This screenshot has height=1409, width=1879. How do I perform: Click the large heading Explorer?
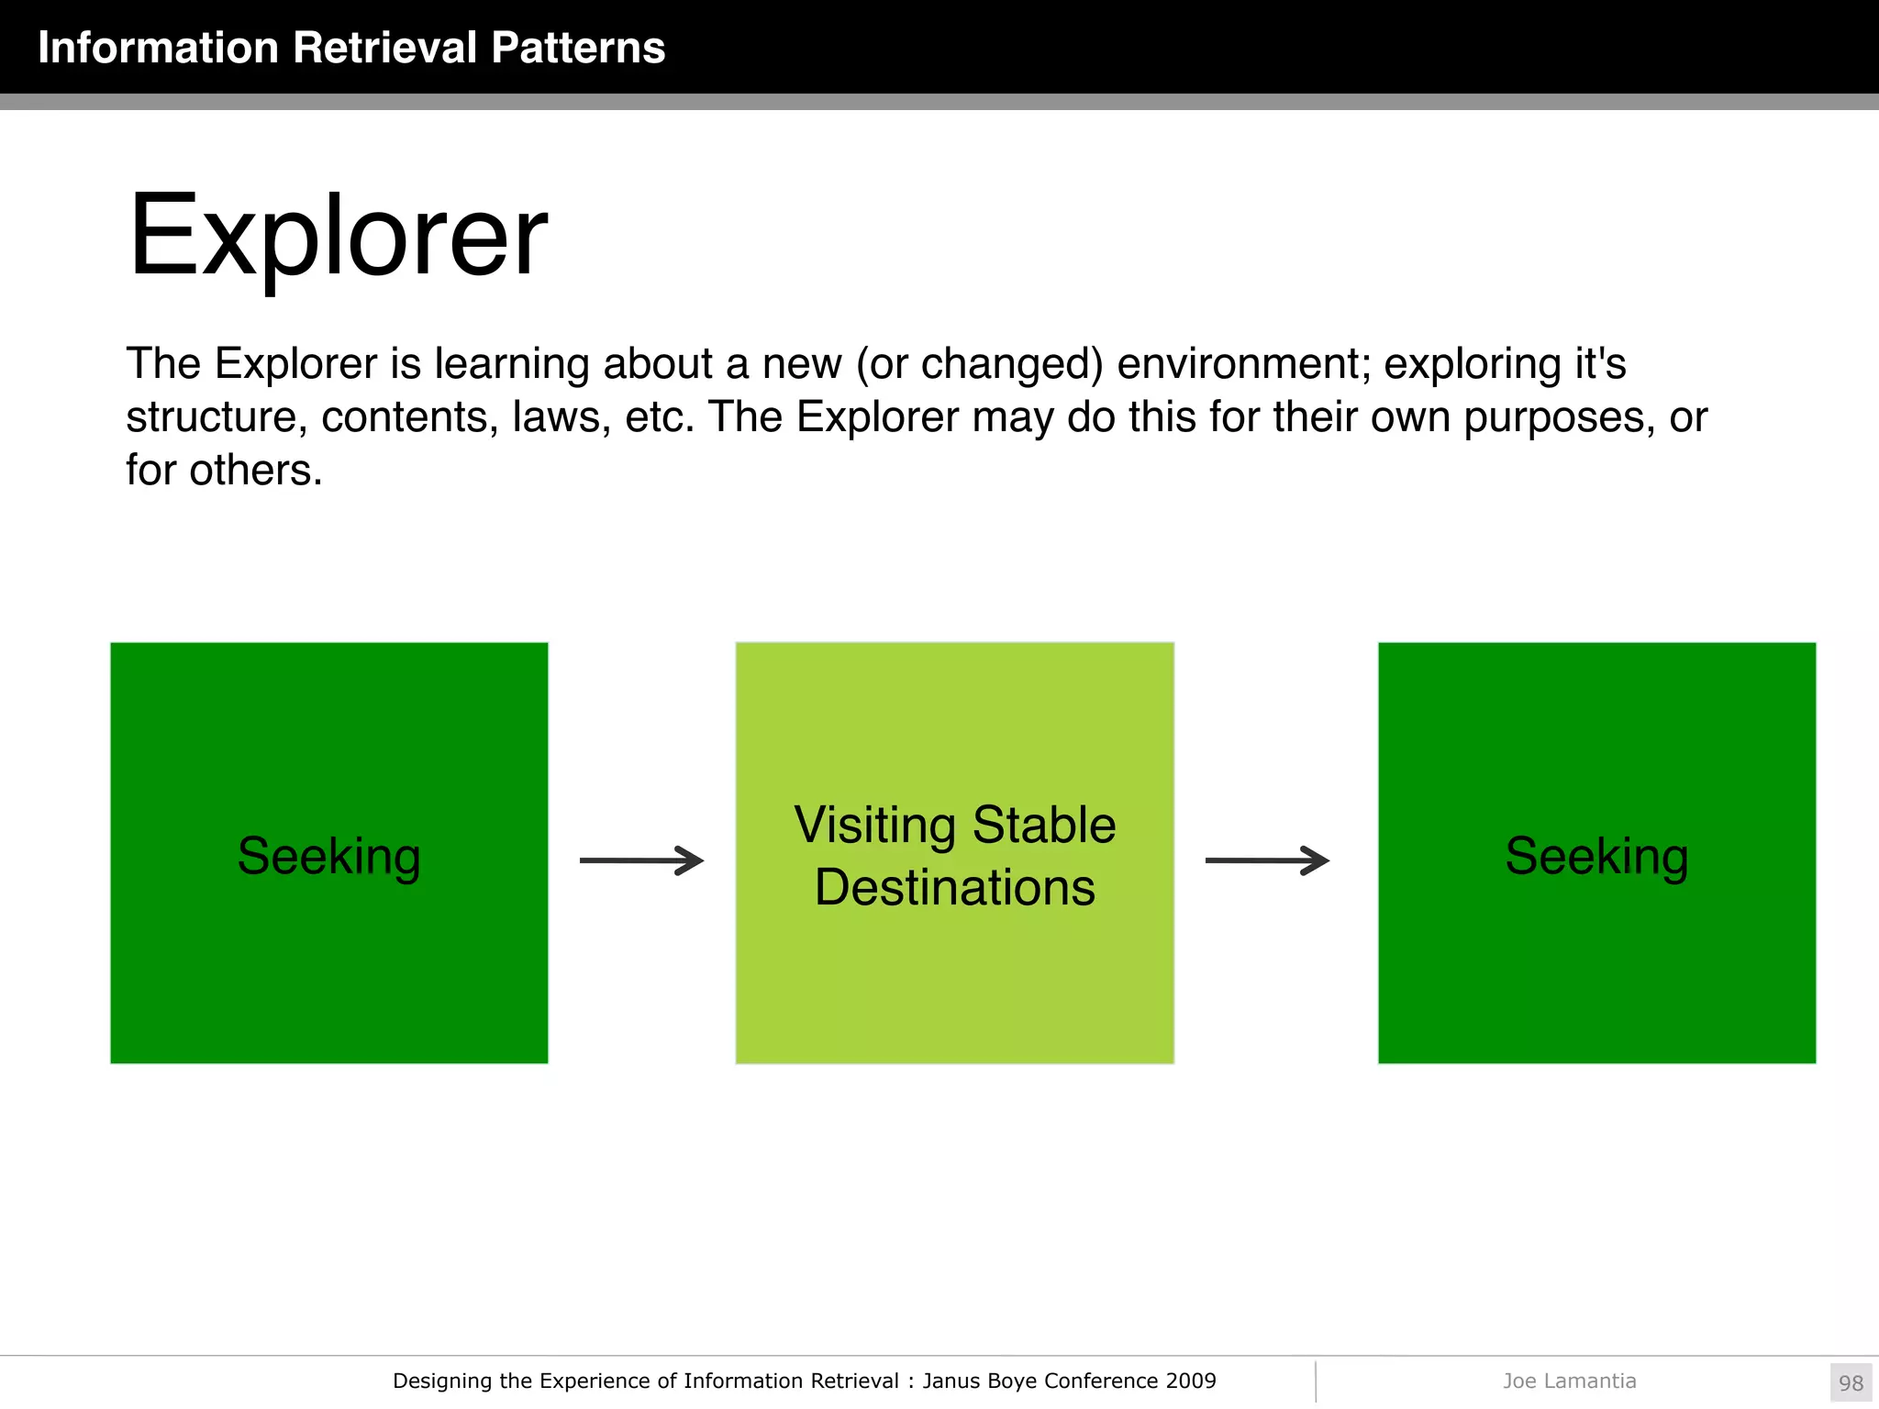pyautogui.click(x=338, y=237)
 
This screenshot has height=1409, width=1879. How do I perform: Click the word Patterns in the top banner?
pyautogui.click(x=577, y=48)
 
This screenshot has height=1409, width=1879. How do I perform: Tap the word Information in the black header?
pyautogui.click(x=158, y=48)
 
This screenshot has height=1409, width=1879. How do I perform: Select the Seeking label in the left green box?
pyautogui.click(x=328, y=857)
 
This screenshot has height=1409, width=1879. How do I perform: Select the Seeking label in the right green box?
pyautogui.click(x=1596, y=857)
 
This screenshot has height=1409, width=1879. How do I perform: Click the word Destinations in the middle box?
pyautogui.click(x=954, y=888)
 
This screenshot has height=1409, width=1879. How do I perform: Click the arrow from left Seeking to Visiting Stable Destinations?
pyautogui.click(x=641, y=860)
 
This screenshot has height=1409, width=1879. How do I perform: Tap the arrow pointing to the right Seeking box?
pyautogui.click(x=1267, y=860)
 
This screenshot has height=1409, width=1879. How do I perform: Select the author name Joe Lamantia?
pyautogui.click(x=1569, y=1381)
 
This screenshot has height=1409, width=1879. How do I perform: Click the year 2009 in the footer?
pyautogui.click(x=1191, y=1381)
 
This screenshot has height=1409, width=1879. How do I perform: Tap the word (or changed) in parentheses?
pyautogui.click(x=979, y=364)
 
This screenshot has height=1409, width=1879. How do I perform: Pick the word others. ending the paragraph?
pyautogui.click(x=255, y=471)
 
